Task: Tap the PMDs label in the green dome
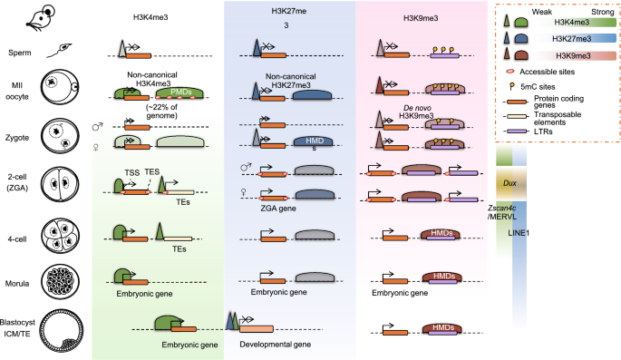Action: [x=181, y=92]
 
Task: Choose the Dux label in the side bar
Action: [x=508, y=180]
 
